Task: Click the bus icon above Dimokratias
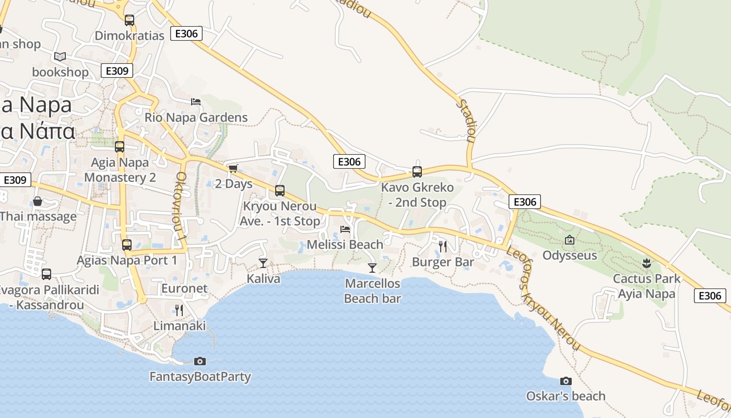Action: coord(129,20)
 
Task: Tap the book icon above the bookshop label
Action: coord(60,56)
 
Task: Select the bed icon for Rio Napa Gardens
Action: coord(196,101)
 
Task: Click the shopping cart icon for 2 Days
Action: coord(233,168)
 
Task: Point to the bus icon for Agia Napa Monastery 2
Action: coord(120,147)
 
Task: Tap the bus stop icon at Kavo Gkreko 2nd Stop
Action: coord(417,171)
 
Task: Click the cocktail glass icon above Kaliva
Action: coord(263,263)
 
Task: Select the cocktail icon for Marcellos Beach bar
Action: coord(372,268)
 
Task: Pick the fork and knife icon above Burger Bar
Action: coord(443,246)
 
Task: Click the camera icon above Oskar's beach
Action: coord(565,381)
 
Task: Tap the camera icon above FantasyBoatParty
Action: coord(199,361)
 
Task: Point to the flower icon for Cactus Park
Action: coord(646,263)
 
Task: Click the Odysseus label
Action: coord(570,256)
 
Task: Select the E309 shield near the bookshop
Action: coord(117,71)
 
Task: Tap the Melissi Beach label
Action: coord(345,244)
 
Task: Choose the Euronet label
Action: coord(184,288)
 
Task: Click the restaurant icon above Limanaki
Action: coord(179,310)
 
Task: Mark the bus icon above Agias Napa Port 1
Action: coord(126,245)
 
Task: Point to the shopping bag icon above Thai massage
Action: coord(38,201)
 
